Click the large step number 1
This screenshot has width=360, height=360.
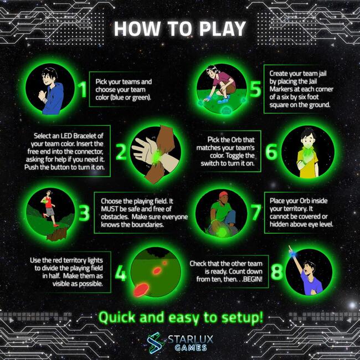[x=82, y=89]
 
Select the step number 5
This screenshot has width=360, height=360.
[x=254, y=89]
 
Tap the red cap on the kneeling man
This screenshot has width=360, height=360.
[x=223, y=194]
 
